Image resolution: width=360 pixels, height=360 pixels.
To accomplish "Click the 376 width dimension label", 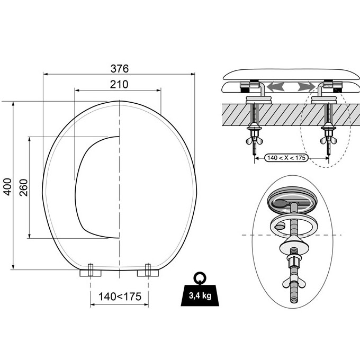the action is [120, 68].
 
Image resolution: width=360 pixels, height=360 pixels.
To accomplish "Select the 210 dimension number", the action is [119, 85].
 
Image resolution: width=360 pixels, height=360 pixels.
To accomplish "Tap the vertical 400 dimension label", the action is [7, 187].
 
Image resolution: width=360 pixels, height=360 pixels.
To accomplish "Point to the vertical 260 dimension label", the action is [23, 187].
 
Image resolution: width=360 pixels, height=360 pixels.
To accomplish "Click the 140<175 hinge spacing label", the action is [120, 296].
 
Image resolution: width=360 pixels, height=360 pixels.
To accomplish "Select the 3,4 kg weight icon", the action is [200, 289].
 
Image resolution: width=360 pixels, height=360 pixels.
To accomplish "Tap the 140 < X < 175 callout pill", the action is [286, 158].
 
